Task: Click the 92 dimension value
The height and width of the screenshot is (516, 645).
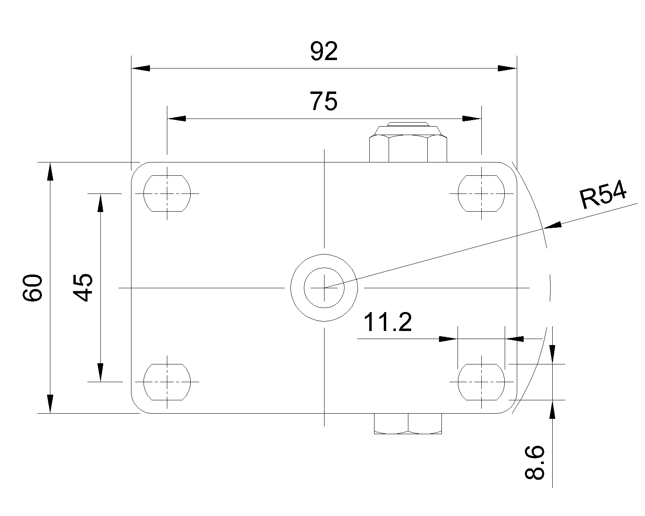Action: point(324,52)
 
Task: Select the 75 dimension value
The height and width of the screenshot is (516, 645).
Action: point(324,101)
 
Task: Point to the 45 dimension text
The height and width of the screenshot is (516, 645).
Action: point(84,287)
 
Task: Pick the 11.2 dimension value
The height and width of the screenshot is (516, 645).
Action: point(388,322)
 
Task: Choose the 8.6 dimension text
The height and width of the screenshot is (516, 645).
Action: point(535,462)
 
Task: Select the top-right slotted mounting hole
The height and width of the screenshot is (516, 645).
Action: point(481,193)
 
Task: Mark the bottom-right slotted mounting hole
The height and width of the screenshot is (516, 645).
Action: point(481,382)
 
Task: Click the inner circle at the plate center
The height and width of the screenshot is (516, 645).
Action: point(324,287)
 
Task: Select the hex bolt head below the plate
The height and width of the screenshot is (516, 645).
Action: point(408,424)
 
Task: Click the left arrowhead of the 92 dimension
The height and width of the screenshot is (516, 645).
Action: point(141,69)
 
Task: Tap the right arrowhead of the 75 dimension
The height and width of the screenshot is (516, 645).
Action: point(471,119)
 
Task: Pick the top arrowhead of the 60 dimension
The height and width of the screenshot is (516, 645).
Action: point(50,171)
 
